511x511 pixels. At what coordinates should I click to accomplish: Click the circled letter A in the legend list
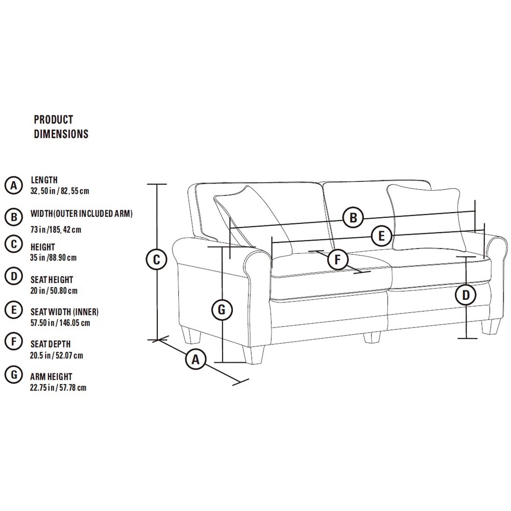coord(14,185)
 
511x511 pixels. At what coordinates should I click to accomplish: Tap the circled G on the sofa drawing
coord(222,310)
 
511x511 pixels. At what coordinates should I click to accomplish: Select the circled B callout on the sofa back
coord(353,217)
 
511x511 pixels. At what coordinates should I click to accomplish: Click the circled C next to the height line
coord(156,260)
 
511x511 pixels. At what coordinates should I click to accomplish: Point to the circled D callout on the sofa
coord(466,295)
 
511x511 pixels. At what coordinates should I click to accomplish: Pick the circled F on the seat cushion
coord(338,260)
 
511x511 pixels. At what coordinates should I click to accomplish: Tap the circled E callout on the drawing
coord(381,236)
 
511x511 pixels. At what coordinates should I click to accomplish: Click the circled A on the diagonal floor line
coord(196,359)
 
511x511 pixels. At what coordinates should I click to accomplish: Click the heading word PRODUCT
coord(53,120)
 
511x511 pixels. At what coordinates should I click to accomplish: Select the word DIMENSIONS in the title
coord(61,134)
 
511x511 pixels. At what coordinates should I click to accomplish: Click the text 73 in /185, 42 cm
coord(56,230)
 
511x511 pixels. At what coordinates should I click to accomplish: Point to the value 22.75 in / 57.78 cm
coord(58,388)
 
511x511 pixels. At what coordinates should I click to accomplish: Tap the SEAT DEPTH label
coord(51,344)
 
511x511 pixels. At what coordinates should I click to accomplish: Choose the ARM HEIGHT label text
coord(51,377)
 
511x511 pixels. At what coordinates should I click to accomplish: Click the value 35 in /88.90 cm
coord(53,258)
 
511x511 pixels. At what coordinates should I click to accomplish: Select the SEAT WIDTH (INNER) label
coord(64,312)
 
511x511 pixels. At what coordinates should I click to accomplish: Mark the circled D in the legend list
coord(14,276)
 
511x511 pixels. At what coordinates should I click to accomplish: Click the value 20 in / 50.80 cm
coord(54,291)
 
